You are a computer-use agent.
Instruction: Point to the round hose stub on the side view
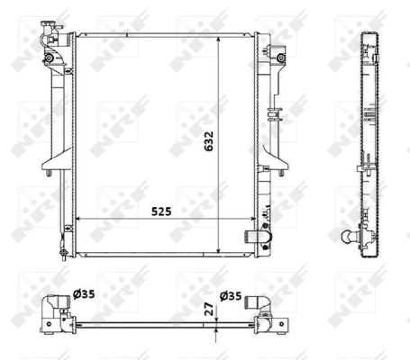coord(349,237)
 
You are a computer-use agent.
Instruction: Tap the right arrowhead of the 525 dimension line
coord(252,219)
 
